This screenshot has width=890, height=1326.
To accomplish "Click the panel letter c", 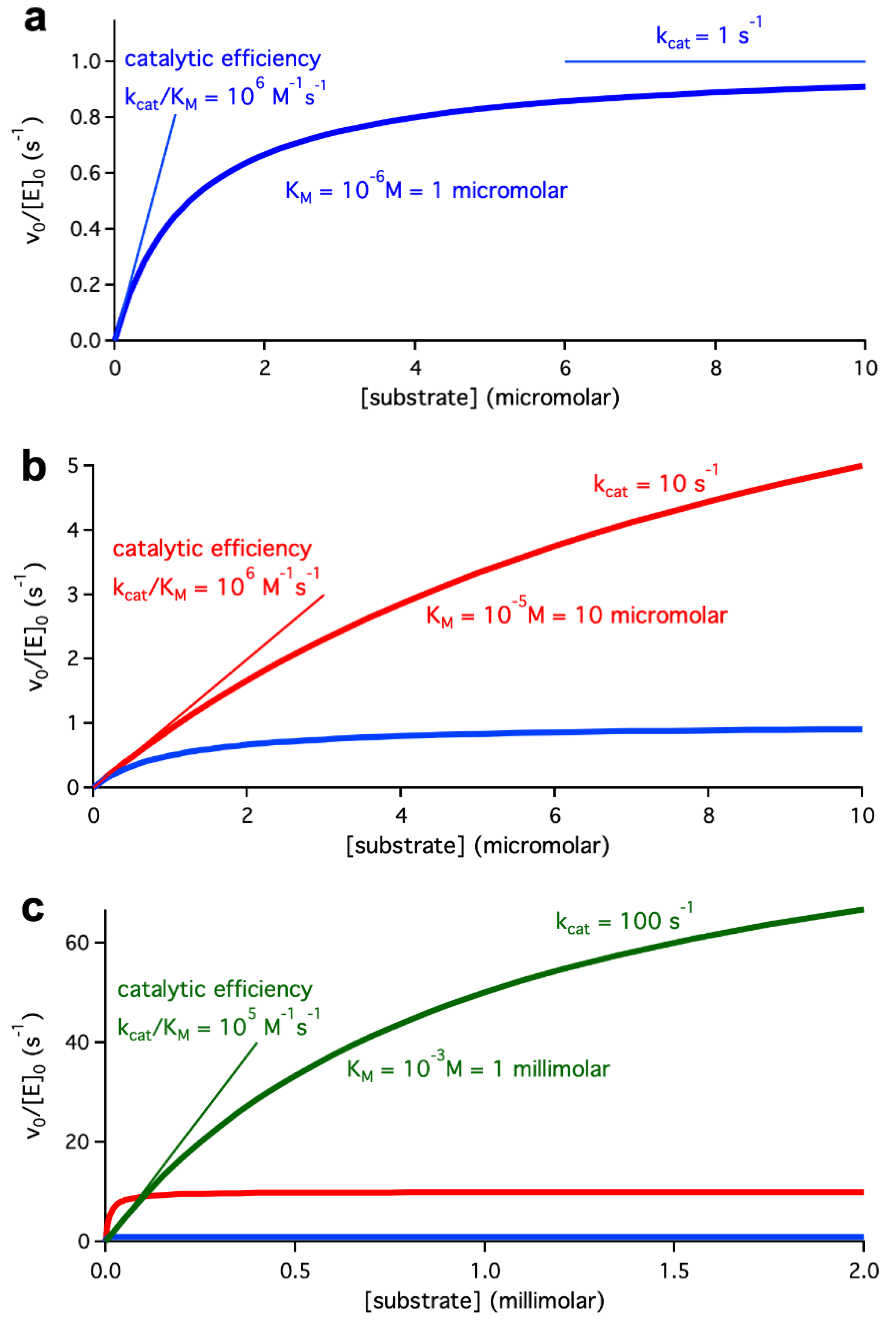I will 33,909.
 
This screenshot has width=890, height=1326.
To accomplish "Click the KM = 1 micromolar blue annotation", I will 426,190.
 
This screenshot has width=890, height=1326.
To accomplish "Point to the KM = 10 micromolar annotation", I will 576,615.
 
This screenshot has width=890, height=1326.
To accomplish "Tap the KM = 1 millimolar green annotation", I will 478,1069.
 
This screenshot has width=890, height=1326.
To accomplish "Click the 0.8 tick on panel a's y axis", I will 85,118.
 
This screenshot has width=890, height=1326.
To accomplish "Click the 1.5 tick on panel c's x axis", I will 674,1271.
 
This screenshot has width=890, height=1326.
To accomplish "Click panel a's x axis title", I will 490,397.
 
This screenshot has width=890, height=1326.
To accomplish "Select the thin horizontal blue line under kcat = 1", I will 715,61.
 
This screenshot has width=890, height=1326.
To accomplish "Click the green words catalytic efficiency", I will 214,989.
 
